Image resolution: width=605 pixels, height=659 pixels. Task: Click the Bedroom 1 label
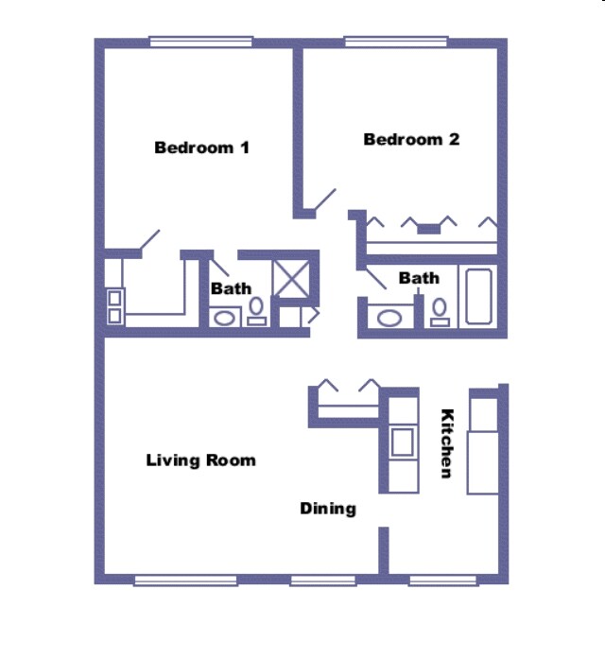(201, 147)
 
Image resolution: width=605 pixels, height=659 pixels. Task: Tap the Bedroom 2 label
(411, 139)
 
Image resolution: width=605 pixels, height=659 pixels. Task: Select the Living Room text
(200, 460)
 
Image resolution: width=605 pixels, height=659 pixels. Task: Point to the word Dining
(328, 509)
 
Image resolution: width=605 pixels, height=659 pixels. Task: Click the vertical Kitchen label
(448, 442)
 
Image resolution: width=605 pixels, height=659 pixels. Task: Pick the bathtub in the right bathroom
(478, 297)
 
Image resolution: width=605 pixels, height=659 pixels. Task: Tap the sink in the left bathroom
(224, 318)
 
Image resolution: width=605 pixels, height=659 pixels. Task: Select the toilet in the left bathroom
(256, 312)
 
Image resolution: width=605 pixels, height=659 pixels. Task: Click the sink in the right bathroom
(389, 318)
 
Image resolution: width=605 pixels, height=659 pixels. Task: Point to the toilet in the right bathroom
(440, 312)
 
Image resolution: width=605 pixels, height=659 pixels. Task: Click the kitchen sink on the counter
(403, 442)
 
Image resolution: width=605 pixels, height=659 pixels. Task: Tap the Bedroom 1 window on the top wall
(200, 42)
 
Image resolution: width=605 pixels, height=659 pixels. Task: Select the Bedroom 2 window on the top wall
(395, 42)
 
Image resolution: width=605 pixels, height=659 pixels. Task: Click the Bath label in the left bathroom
(231, 288)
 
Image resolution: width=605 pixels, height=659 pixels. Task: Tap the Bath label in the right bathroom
(419, 278)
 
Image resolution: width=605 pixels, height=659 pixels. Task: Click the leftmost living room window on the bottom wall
(184, 580)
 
